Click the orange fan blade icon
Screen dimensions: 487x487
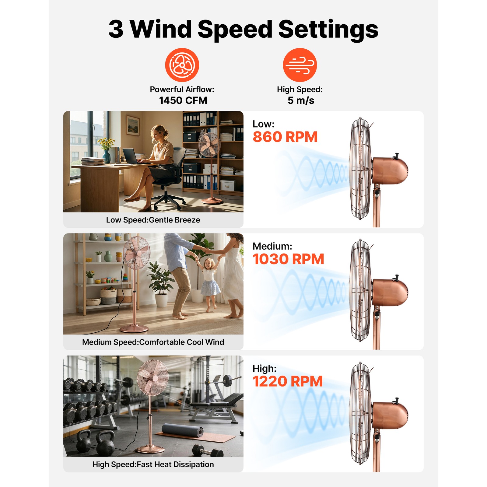pyautogui.click(x=182, y=65)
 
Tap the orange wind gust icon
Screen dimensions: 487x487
pyautogui.click(x=300, y=65)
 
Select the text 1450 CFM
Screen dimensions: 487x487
pyautogui.click(x=183, y=100)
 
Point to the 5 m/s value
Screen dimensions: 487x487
pyautogui.click(x=301, y=100)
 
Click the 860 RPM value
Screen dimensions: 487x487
pyautogui.click(x=285, y=137)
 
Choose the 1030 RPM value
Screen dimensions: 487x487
pyautogui.click(x=288, y=259)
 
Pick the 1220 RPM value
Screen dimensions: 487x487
pyautogui.click(x=288, y=381)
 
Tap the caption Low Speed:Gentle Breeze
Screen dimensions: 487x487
pyautogui.click(x=153, y=220)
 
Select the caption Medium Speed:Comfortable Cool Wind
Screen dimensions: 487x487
pyautogui.click(x=153, y=342)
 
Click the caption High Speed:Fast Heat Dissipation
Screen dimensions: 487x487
pyautogui.click(x=153, y=464)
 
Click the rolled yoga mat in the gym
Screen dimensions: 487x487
pyautogui.click(x=183, y=430)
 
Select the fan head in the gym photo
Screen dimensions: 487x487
pyautogui.click(x=153, y=378)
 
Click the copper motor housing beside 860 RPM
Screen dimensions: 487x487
pyautogui.click(x=390, y=170)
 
